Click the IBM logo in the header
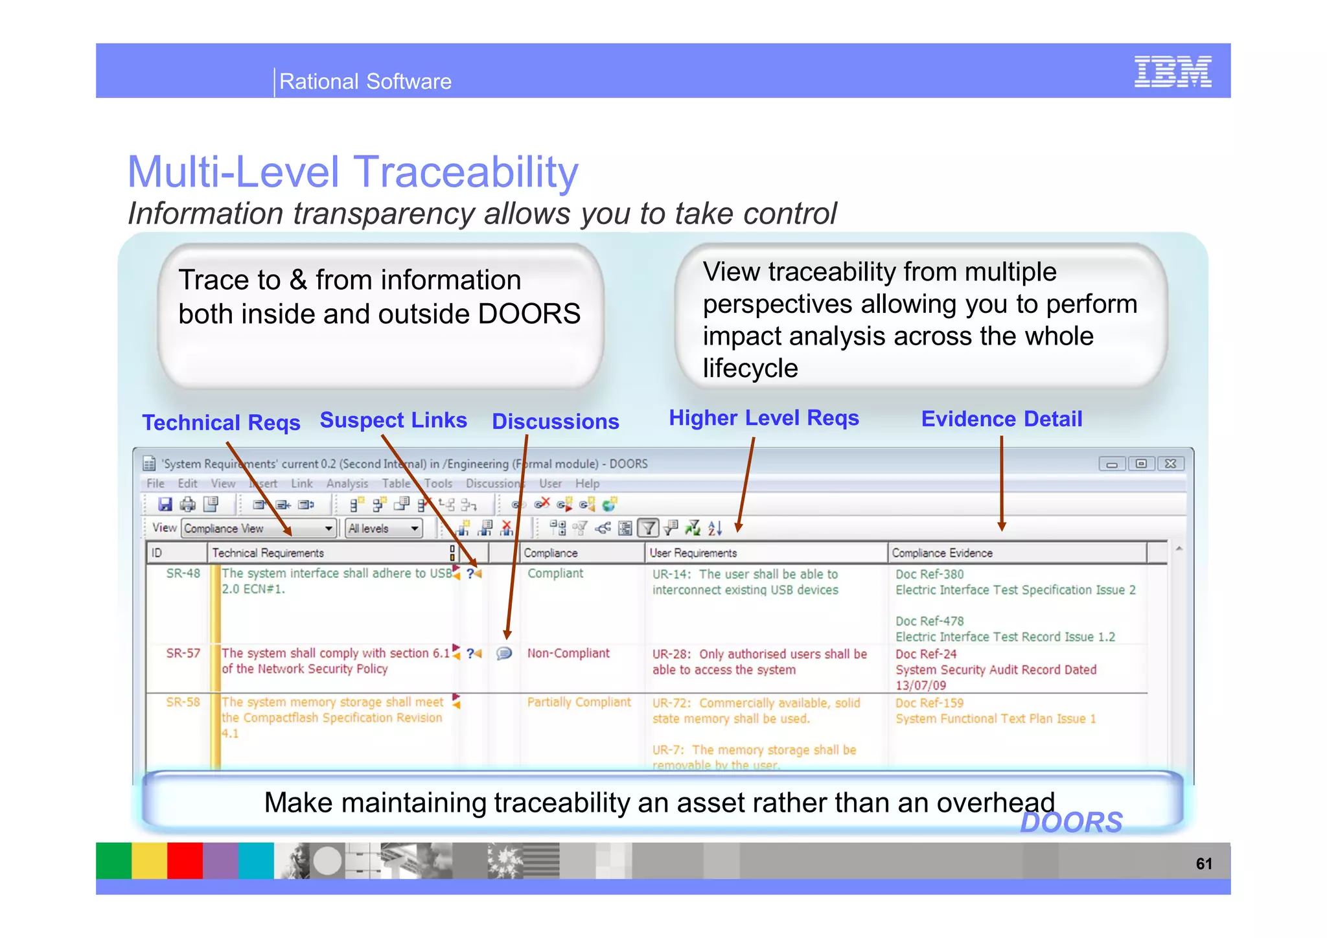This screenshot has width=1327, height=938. pos(1172,71)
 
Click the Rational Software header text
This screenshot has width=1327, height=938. pos(365,82)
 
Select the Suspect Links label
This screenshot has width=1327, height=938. pos(393,420)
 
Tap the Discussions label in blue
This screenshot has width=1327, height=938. pos(555,421)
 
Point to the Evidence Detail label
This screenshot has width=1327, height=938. pos(1001,418)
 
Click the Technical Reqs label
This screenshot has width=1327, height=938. pos(221,422)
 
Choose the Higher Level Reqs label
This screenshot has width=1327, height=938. pos(763,418)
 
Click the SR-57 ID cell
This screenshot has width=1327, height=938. pos(183,653)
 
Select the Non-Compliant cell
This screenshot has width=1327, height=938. pos(568,653)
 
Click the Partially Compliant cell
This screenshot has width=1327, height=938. pos(578,702)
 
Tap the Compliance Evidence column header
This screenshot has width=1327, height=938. pos(941,553)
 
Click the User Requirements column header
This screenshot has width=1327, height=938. pos(693,553)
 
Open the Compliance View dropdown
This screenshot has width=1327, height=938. pos(259,529)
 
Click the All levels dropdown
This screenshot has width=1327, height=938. pos(383,529)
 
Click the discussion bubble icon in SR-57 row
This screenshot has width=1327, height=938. pos(503,653)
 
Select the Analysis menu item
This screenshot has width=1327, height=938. pos(347,483)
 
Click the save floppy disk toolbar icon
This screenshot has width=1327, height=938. pos(165,504)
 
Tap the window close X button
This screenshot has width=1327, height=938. pos(1170,464)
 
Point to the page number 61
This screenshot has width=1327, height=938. pos(1203,864)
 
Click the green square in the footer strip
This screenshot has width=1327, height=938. pos(113,860)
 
